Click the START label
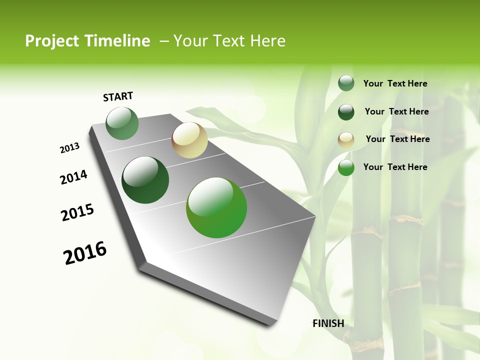point(118,96)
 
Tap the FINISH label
point(328,323)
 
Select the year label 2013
point(69,148)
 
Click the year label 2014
point(73,177)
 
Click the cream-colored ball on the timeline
point(189,140)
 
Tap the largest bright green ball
point(216,207)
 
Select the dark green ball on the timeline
point(145,180)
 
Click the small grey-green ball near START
point(122,123)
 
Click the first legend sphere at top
point(346,83)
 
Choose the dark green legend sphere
point(346,112)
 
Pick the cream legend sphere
point(346,140)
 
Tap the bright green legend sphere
point(346,168)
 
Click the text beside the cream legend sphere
point(397,139)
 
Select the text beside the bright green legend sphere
point(395,167)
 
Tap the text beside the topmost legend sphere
point(395,83)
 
